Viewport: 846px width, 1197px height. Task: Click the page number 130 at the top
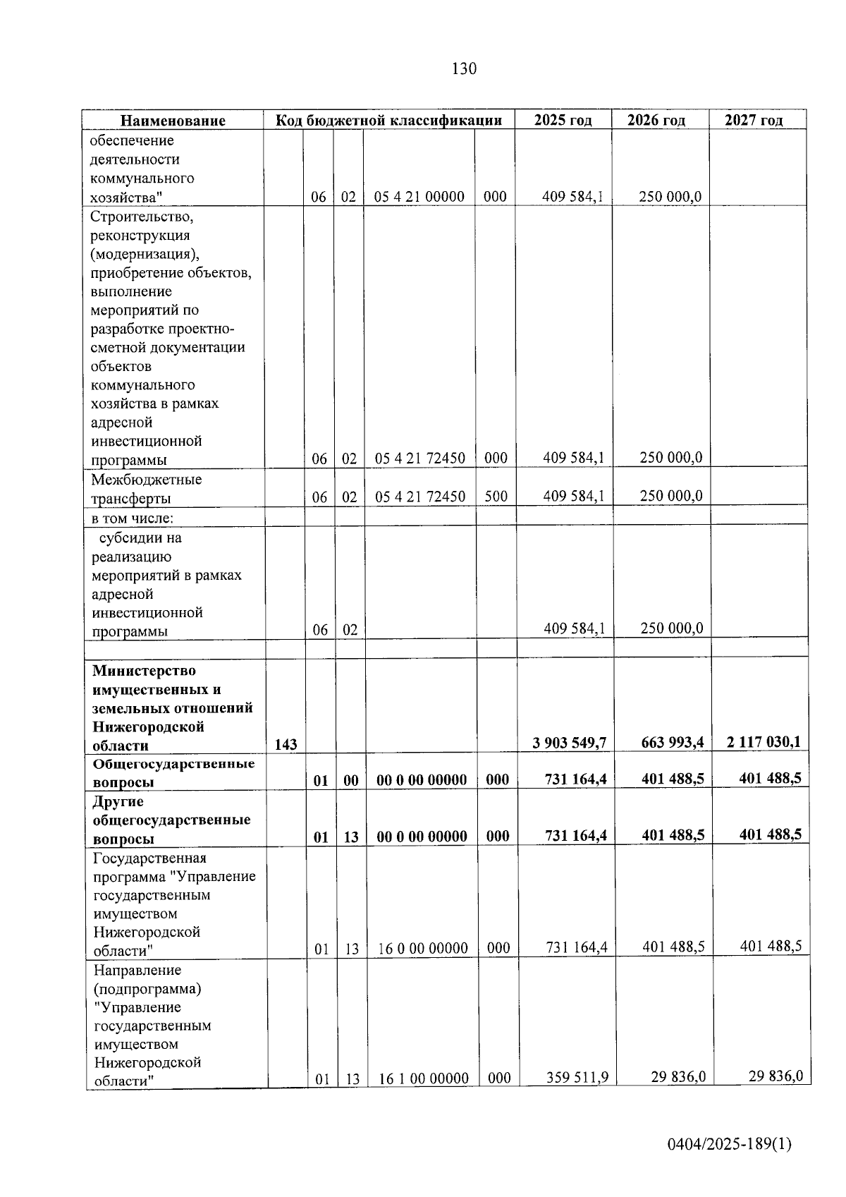pos(464,68)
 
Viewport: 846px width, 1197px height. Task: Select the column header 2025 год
pos(563,120)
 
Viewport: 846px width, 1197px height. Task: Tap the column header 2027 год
pos(754,120)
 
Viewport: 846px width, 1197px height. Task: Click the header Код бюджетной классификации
pos(388,120)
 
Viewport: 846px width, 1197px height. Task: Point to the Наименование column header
pos(173,121)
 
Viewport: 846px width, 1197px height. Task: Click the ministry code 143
pos(286,744)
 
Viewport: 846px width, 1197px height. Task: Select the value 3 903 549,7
pos(570,742)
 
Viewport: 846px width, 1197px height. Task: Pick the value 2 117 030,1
pos(764,741)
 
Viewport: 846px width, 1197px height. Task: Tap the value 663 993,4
pos(673,742)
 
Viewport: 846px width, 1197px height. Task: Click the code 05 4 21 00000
pos(419,197)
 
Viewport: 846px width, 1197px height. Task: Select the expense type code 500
pos(496,496)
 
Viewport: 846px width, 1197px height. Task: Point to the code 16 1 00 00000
pos(424,1078)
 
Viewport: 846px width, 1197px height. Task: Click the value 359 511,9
pos(577,1077)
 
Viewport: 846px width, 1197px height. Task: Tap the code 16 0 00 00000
pos(423,949)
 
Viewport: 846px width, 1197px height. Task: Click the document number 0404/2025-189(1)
pos(730,1144)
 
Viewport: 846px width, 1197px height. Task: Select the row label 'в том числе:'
pos(133,518)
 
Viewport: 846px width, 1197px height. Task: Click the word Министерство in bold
pos(144,670)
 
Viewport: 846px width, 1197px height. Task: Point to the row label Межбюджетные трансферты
pos(146,489)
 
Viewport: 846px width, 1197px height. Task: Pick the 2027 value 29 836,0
pos(775,1076)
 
